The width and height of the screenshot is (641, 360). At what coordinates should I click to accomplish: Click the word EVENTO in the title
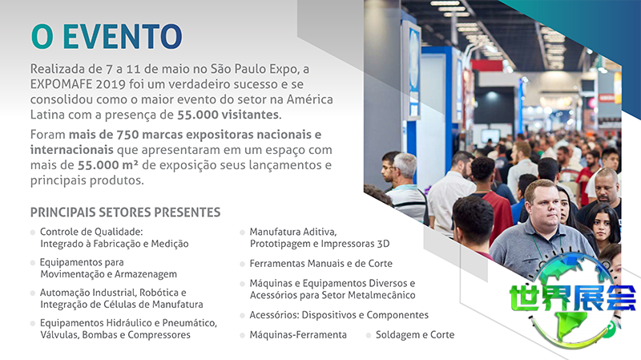tap(123, 36)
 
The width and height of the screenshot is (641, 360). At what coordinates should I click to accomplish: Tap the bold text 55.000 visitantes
tap(228, 115)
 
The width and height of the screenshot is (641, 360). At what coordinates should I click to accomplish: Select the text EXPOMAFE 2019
tap(78, 84)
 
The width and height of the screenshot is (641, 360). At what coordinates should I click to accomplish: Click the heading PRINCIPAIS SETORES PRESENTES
tap(125, 212)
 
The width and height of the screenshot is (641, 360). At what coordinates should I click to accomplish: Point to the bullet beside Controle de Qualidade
tap(33, 233)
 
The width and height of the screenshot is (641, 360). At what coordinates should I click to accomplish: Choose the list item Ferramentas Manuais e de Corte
tap(321, 264)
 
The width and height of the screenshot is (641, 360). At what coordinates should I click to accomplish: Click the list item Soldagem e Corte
tap(415, 334)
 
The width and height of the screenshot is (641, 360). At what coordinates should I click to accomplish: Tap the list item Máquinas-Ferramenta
tap(298, 334)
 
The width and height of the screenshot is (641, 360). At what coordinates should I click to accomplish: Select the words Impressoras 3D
tap(355, 244)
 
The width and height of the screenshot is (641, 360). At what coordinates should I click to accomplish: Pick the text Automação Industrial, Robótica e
tap(113, 293)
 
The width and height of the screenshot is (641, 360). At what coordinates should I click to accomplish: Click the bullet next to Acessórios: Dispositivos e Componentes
tap(242, 316)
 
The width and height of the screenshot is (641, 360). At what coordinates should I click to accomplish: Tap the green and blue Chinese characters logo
tap(572, 297)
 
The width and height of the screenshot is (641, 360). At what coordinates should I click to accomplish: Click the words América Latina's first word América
tap(309, 99)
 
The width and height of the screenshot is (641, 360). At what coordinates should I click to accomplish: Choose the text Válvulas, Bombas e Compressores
tap(115, 334)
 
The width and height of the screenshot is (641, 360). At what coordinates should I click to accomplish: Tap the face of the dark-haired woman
tap(602, 226)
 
